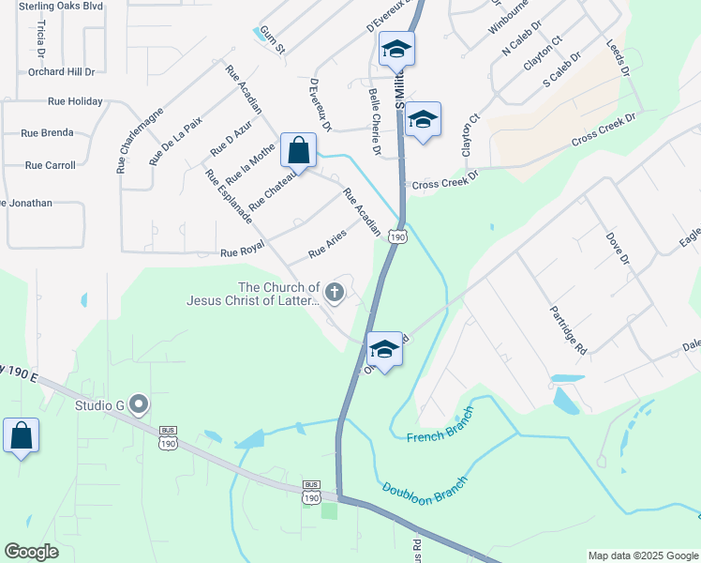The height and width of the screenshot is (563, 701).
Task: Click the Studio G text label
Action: tap(99, 406)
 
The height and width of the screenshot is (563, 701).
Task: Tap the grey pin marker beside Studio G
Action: tap(139, 405)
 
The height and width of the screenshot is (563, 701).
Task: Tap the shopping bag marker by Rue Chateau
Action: tap(298, 150)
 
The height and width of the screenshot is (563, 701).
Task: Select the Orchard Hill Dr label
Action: tap(62, 71)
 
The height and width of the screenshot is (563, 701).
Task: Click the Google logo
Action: tap(32, 551)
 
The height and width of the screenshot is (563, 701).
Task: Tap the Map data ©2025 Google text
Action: tap(643, 555)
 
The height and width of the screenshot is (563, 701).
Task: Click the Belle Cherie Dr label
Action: tap(375, 122)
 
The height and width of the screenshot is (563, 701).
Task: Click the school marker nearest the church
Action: tap(384, 350)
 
